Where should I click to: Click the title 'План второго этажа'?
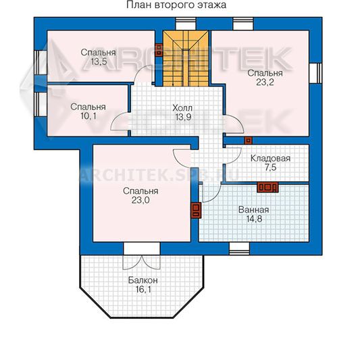pos(176,5)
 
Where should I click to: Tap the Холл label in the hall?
pos(182,107)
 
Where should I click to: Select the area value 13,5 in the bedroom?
pos(99,61)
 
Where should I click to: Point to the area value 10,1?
pos(88,116)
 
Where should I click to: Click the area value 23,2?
pos(265,82)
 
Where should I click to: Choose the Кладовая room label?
pos(270,158)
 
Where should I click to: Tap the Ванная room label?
pos(254,209)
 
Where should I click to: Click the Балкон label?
pos(143,280)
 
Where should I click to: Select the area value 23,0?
pos(140,200)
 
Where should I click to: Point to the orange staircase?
pos(186,59)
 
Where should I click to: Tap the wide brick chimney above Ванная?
pos(267,187)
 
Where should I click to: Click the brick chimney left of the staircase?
pos(159,50)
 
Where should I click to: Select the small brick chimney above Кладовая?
pos(248,140)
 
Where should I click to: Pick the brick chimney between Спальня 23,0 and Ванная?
pos(196,210)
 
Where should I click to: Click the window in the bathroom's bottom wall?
pos(239,249)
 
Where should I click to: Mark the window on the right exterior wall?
pos(315,73)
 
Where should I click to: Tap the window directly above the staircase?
pos(186,24)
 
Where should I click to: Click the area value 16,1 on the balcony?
pos(143,289)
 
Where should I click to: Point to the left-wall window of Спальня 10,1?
pos(41,104)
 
